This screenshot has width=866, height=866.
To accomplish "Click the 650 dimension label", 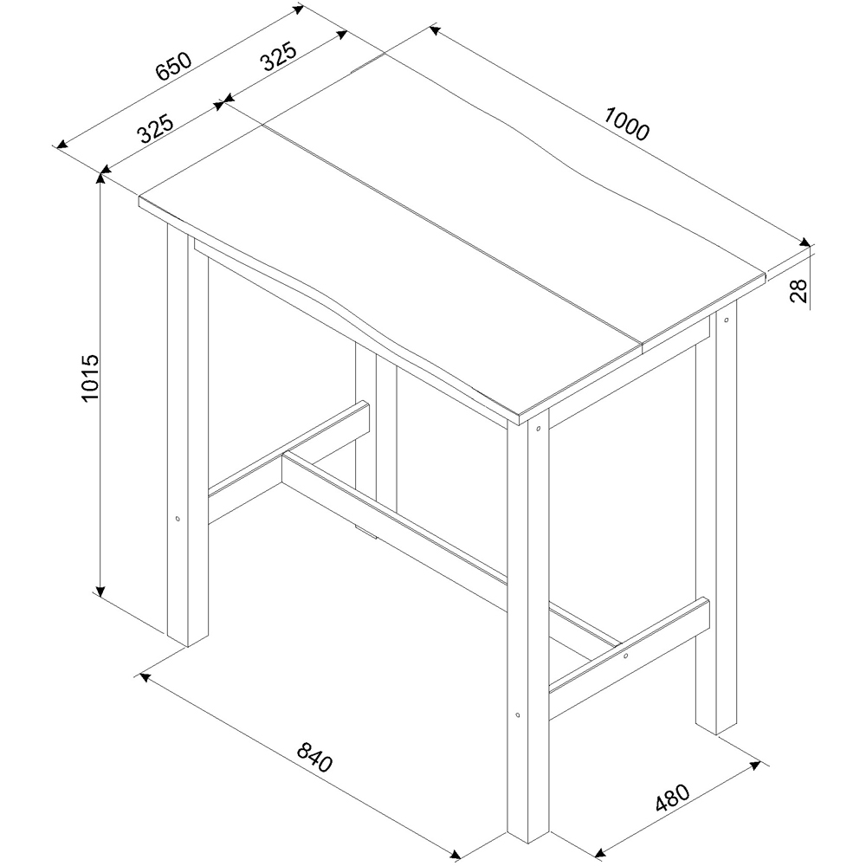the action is point(173,67).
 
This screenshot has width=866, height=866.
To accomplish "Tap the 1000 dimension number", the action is point(626,124).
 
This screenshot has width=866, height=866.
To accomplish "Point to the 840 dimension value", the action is point(315,757).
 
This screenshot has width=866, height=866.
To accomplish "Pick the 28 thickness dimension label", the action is point(798,290).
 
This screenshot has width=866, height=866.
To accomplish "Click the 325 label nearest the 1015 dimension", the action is point(155,128).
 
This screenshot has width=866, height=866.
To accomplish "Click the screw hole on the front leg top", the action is point(539,428).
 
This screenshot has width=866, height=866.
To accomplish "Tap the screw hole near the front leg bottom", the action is point(518,715).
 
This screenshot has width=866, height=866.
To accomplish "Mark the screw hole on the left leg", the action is point(178,519).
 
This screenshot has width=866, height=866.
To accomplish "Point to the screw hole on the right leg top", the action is point(727,320).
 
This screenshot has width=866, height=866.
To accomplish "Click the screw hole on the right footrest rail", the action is point(626,656).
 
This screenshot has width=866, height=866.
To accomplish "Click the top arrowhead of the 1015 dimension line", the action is point(100,177).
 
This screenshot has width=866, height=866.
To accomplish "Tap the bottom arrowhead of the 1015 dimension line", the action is point(100,591).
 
